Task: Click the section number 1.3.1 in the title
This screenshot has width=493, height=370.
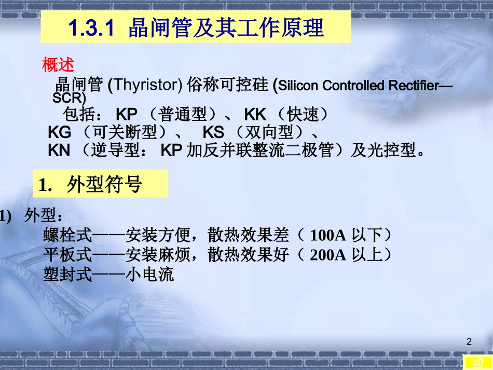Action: (x=91, y=29)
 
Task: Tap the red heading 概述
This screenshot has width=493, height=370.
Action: (x=58, y=65)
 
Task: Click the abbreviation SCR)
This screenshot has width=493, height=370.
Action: (x=69, y=98)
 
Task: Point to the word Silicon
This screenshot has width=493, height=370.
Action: (x=299, y=86)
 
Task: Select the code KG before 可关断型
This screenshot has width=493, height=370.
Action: (x=59, y=132)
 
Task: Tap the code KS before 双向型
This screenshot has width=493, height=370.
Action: (x=213, y=132)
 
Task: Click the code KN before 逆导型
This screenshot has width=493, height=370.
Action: (x=59, y=150)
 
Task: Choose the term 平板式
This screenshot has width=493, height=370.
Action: (x=67, y=255)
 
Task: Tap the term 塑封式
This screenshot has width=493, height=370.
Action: (x=67, y=275)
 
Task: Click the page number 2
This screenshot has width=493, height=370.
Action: (x=469, y=341)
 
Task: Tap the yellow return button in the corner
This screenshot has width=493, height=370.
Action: (x=477, y=362)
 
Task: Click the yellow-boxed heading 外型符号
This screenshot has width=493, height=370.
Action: (x=104, y=185)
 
